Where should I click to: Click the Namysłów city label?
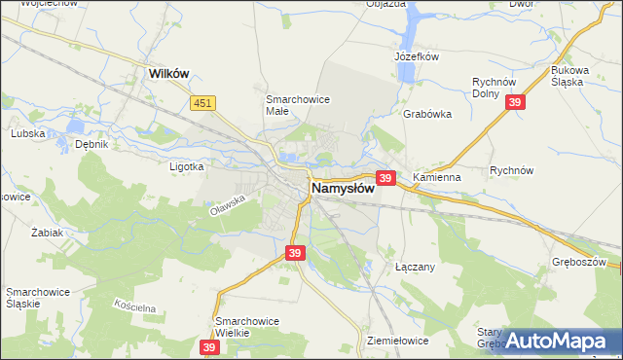pyautogui.click(x=344, y=188)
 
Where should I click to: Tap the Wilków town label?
pyautogui.click(x=166, y=72)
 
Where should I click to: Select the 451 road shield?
pyautogui.click(x=202, y=104)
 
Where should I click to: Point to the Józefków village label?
pyautogui.click(x=418, y=57)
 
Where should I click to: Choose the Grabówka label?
pyautogui.click(x=427, y=113)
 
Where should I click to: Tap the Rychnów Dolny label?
pyautogui.click(x=492, y=89)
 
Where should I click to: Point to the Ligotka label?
pyautogui.click(x=185, y=166)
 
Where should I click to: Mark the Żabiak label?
pyautogui.click(x=47, y=234)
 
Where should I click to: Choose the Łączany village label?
pyautogui.click(x=414, y=266)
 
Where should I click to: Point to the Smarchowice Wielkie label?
pyautogui.click(x=247, y=327)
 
